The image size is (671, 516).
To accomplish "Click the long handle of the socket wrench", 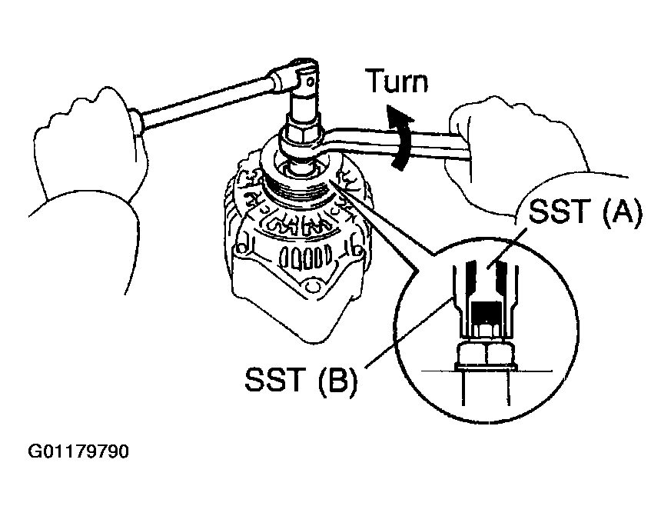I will [x=204, y=100].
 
